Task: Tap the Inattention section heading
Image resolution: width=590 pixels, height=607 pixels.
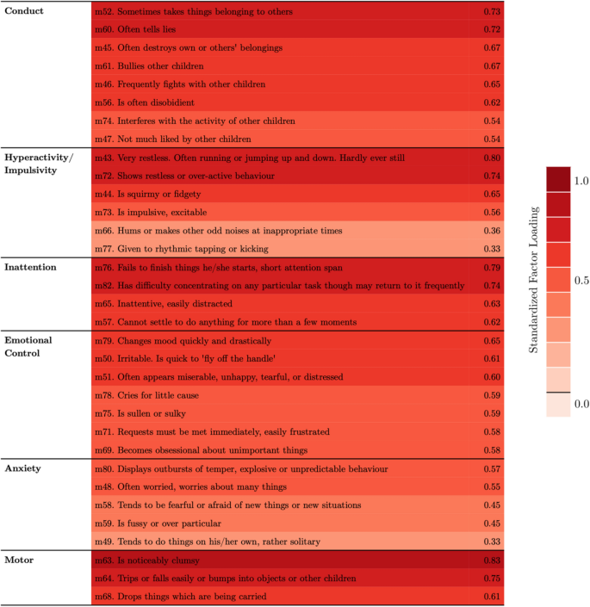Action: (x=31, y=267)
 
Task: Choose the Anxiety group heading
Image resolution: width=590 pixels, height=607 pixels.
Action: (x=24, y=468)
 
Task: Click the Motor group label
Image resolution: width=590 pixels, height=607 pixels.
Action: (x=20, y=561)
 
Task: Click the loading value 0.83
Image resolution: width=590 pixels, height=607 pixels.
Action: (x=492, y=561)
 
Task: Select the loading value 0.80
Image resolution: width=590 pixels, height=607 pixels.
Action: (x=492, y=158)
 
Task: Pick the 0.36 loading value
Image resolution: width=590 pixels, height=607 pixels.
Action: (x=492, y=231)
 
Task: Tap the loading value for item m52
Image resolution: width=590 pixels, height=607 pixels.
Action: (x=492, y=11)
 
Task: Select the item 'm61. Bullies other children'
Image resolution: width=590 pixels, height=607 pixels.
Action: (x=149, y=66)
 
